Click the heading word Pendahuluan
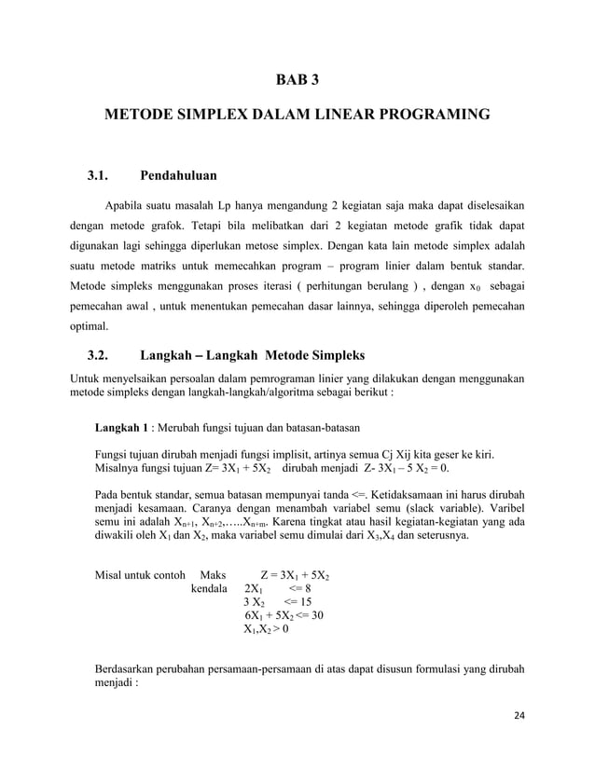click(x=178, y=174)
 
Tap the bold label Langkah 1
click(x=123, y=428)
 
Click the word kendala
click(x=210, y=589)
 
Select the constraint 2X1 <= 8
click(x=277, y=589)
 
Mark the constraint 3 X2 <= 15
click(x=277, y=605)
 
